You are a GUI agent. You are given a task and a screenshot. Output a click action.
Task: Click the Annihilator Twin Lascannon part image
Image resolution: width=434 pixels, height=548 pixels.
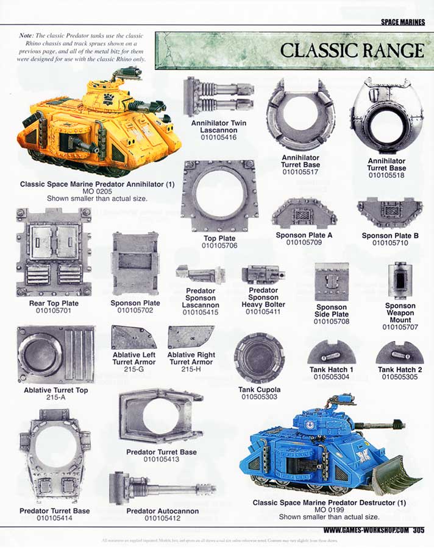point(218,97)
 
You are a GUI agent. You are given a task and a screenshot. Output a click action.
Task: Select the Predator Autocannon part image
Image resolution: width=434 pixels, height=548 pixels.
point(163,488)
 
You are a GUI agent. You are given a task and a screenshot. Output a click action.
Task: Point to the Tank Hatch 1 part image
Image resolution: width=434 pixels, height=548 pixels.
point(331,353)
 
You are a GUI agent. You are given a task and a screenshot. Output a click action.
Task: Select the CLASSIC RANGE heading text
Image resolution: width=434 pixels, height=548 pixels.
point(351,50)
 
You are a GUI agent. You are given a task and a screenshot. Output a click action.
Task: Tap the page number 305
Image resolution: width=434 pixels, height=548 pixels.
point(418,530)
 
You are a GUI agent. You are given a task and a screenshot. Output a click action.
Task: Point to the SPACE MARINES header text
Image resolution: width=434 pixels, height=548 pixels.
point(402,22)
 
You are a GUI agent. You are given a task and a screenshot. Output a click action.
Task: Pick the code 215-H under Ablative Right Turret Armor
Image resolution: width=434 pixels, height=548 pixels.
point(191,370)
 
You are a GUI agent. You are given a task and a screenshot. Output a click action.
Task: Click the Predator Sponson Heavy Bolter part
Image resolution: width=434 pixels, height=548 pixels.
point(263,275)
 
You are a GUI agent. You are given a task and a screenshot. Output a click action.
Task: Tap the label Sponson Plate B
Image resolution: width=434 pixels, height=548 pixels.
point(390,236)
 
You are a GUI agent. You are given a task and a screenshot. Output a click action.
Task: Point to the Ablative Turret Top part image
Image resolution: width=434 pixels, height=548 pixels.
point(55,354)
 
